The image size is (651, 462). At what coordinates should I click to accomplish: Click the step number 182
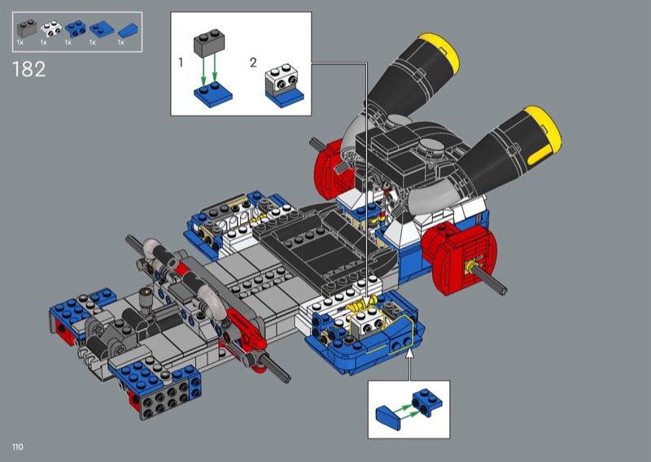tap(29, 69)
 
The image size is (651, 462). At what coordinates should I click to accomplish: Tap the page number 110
tap(18, 447)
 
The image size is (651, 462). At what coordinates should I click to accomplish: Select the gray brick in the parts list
tap(27, 28)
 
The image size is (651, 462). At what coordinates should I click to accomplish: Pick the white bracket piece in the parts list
tap(51, 29)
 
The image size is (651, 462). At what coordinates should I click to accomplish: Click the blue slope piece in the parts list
tap(128, 31)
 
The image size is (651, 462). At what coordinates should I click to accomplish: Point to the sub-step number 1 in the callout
tap(181, 63)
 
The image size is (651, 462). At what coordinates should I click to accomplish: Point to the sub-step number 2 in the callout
tap(253, 63)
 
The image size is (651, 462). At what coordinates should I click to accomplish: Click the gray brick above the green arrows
tap(209, 43)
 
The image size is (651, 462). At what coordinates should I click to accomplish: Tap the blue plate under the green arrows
tap(213, 95)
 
